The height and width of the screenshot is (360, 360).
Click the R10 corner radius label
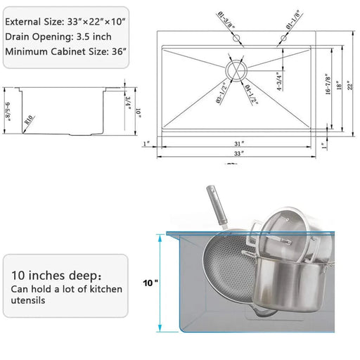[28, 120]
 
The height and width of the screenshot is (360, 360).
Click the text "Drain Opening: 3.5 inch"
[58, 35]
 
